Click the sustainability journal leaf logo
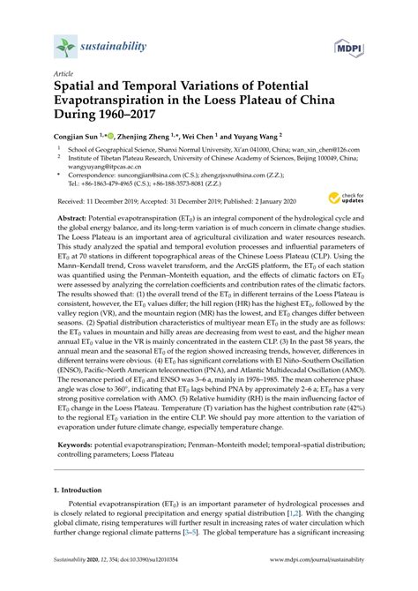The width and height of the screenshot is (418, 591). [63, 47]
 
